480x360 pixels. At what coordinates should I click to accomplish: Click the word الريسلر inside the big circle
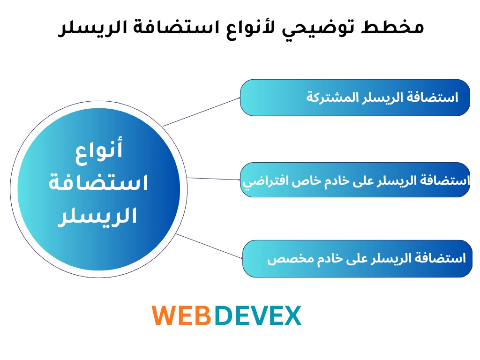pyautogui.click(x=97, y=216)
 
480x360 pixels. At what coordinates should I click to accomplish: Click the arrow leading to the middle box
pyautogui.click(x=214, y=179)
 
